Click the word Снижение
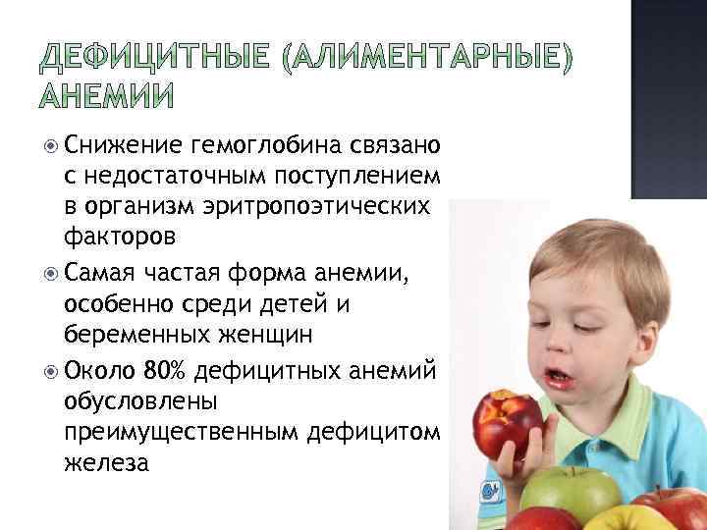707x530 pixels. point(123,146)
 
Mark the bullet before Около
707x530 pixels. point(50,371)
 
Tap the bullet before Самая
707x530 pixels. point(50,274)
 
